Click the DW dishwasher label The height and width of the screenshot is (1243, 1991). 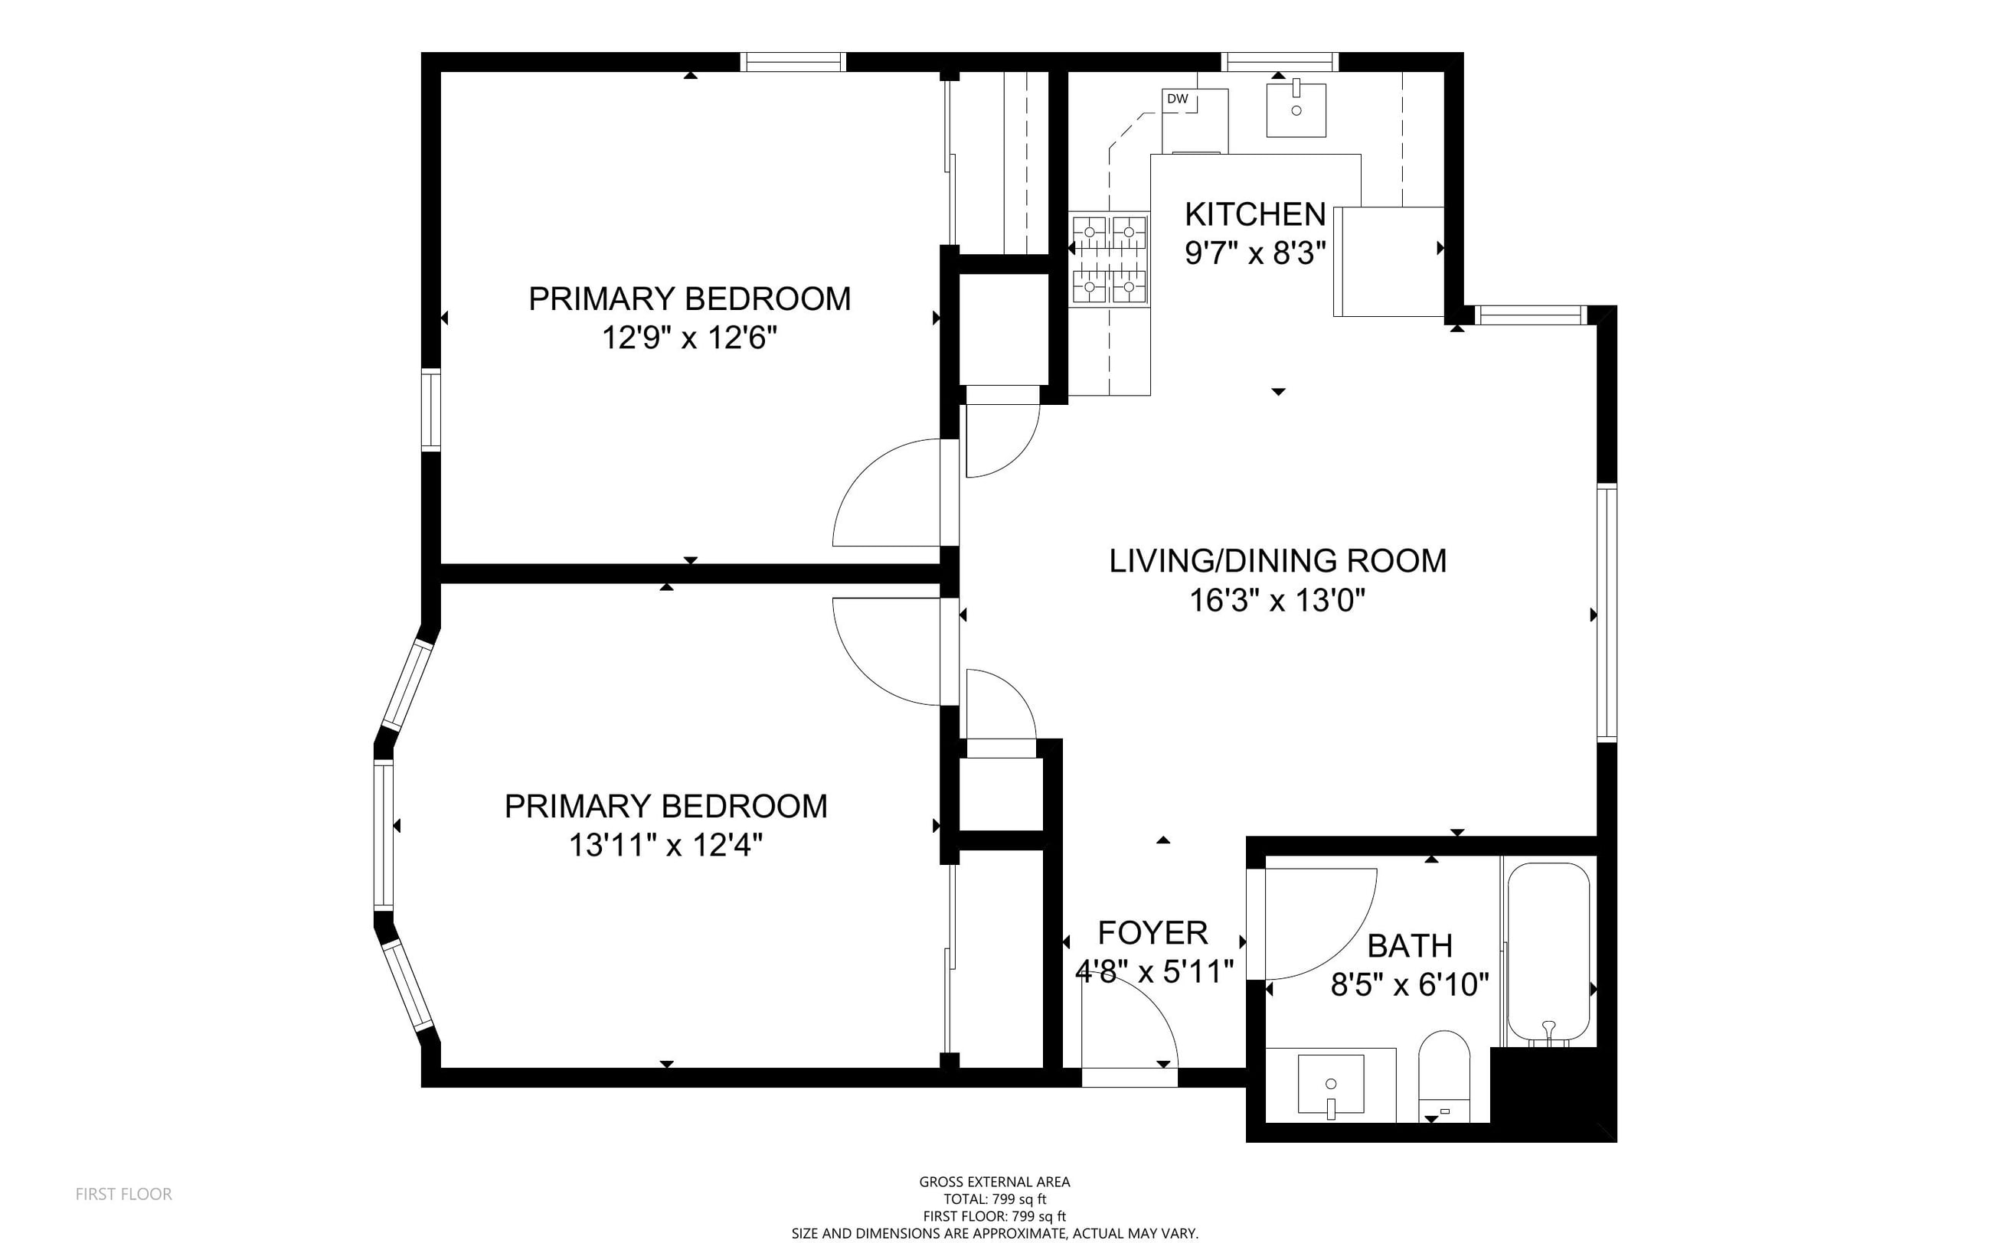point(1177,99)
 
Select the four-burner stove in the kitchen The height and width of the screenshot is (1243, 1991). point(1109,259)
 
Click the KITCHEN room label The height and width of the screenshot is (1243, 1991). point(1255,214)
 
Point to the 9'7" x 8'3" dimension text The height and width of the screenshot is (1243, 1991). point(1255,253)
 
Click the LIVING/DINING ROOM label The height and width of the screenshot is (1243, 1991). point(1277,561)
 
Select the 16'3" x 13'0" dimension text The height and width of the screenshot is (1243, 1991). point(1277,600)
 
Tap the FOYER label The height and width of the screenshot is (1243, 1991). point(1153,933)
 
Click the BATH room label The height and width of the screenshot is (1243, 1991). point(1410,946)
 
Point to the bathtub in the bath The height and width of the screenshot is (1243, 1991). point(1548,954)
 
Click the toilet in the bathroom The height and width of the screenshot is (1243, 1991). point(1444,1076)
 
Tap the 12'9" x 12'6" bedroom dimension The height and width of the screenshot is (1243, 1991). point(689,338)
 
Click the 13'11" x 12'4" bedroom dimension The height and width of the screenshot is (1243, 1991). point(665,845)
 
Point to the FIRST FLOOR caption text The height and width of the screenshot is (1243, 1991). point(123,1194)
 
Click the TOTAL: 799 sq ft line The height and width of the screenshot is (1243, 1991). point(994,1199)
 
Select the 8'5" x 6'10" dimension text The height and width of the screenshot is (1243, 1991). point(1410,984)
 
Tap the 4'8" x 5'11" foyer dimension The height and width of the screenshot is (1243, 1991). point(1155,972)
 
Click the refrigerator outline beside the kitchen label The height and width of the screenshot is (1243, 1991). point(1389,262)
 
